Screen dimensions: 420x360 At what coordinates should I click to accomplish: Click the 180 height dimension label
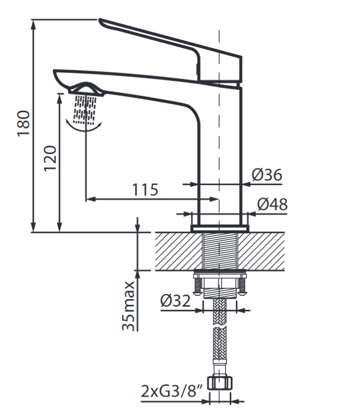[x=24, y=123]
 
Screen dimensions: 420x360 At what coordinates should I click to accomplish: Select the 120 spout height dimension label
[x=49, y=158]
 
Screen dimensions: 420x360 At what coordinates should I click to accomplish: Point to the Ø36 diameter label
[x=267, y=175]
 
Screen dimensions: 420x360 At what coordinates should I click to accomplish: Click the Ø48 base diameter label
[x=272, y=204]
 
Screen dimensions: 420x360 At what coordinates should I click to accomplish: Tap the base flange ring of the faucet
[x=220, y=228]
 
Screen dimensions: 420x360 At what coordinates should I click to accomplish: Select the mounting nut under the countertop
[x=220, y=283]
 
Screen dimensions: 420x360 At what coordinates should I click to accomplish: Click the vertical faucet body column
[x=221, y=156]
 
